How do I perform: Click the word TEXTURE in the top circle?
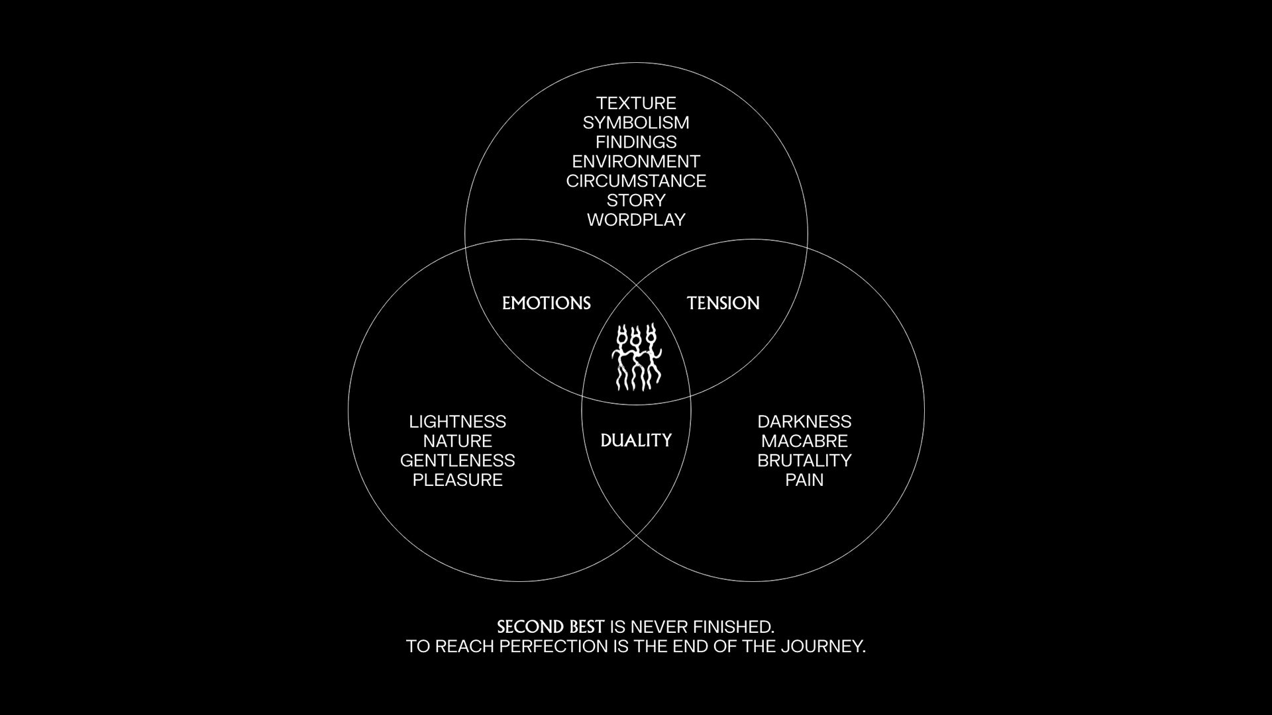click(x=636, y=103)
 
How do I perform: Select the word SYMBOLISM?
click(x=636, y=122)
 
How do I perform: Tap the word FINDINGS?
click(x=636, y=142)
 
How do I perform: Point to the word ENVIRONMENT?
click(x=636, y=162)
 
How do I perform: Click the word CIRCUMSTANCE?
click(x=636, y=181)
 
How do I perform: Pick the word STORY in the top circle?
click(x=636, y=200)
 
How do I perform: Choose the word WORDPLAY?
click(x=636, y=220)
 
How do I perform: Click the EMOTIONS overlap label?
click(x=547, y=303)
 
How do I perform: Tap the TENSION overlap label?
click(x=723, y=303)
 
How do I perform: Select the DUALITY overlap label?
click(x=636, y=440)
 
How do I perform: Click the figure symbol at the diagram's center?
click(x=636, y=357)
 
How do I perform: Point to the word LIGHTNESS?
click(x=458, y=422)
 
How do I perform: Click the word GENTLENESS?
click(x=458, y=460)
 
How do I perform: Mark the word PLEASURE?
click(x=458, y=480)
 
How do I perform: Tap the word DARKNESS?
click(x=804, y=422)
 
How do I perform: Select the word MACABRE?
click(x=804, y=441)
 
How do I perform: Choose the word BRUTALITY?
click(x=804, y=460)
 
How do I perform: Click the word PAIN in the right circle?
click(x=804, y=480)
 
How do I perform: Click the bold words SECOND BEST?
click(x=551, y=627)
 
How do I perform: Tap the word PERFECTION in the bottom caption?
click(x=555, y=646)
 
